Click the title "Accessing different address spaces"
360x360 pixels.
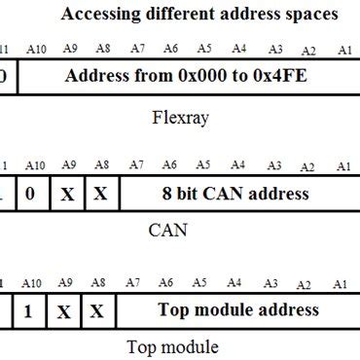point(199,15)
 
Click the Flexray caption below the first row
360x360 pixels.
point(182,119)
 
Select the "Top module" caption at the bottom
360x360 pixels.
point(173,346)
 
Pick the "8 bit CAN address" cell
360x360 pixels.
point(236,194)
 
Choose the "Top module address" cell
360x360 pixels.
point(238,310)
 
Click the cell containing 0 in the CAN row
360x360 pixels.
point(32,194)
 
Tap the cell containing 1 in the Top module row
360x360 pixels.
point(32,311)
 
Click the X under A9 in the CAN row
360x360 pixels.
point(67,195)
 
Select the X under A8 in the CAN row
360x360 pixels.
point(100,195)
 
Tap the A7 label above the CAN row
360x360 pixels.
point(136,166)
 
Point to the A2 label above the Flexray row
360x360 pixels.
point(308,50)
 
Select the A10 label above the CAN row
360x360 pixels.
point(34,166)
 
